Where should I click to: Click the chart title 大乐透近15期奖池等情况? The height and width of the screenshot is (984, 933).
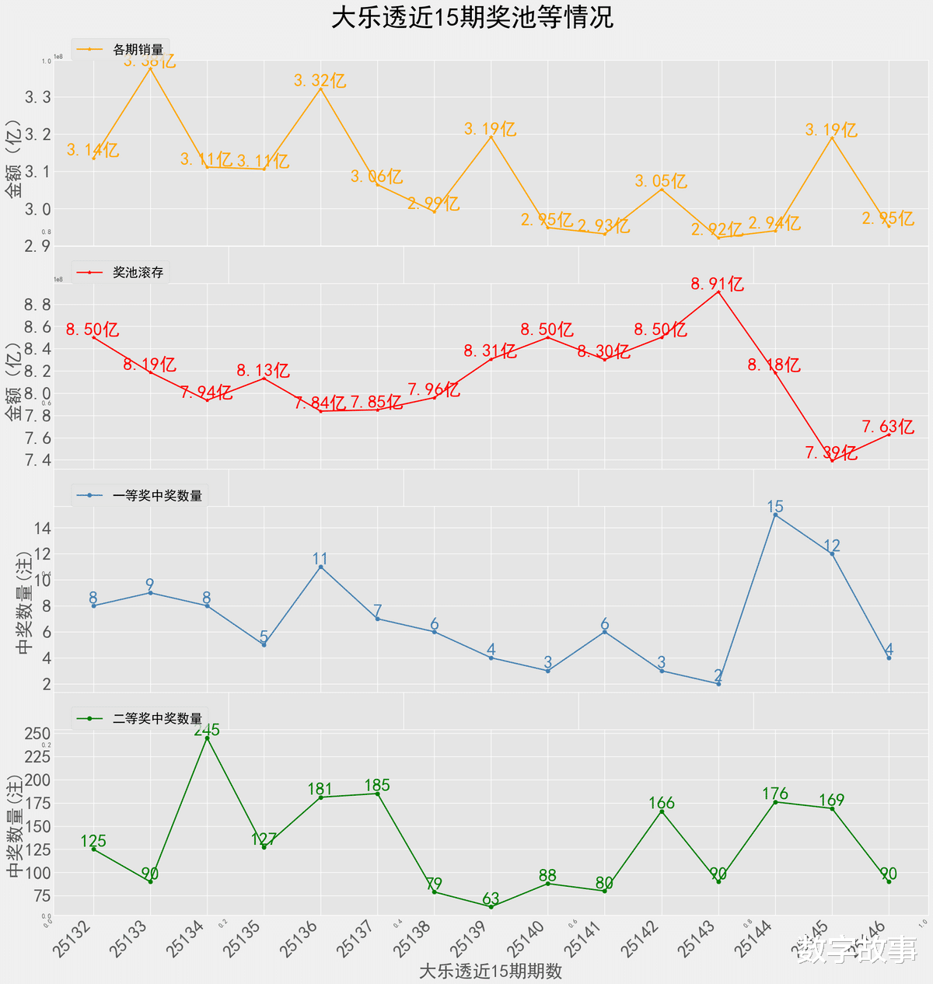click(x=472, y=17)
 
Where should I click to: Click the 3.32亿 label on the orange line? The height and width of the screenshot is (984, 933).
click(x=320, y=80)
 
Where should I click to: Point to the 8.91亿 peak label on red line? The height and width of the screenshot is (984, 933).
click(x=718, y=284)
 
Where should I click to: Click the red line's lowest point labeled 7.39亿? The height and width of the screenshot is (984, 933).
click(x=832, y=461)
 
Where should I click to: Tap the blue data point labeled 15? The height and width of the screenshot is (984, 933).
click(x=775, y=515)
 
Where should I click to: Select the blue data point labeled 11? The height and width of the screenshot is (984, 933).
click(x=320, y=567)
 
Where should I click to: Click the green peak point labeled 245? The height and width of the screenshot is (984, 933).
click(x=207, y=738)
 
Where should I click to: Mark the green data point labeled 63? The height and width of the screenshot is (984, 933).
click(x=491, y=906)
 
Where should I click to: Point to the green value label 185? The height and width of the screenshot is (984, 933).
click(x=377, y=785)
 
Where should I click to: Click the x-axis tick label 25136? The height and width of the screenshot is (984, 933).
click(x=299, y=939)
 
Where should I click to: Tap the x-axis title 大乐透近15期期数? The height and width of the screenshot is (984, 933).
click(x=490, y=971)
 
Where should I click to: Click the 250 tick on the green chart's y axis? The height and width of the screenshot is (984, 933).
click(x=39, y=733)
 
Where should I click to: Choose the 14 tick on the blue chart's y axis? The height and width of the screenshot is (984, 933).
click(x=41, y=528)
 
